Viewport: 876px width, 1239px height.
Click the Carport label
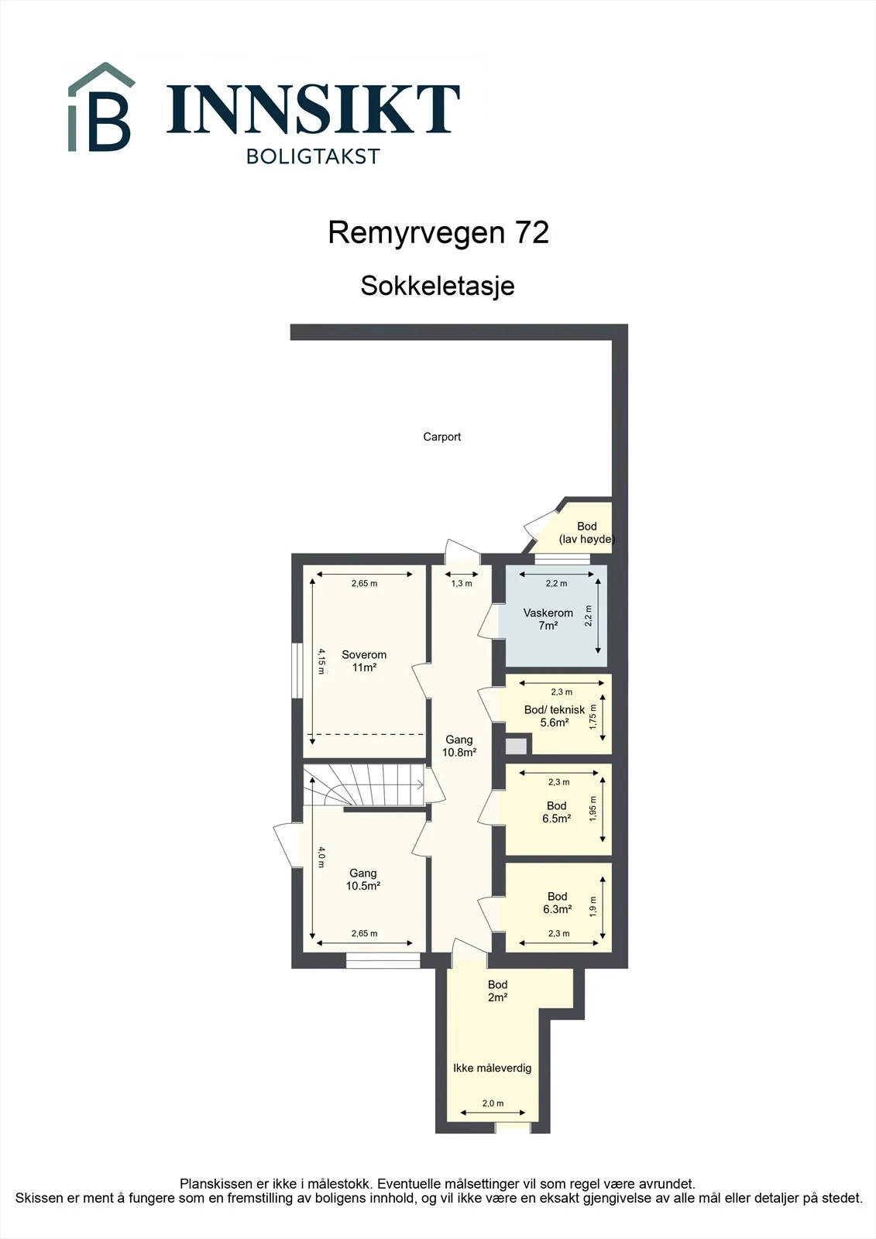441,437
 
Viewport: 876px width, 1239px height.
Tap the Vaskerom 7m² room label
548,619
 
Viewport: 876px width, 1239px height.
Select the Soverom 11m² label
364,661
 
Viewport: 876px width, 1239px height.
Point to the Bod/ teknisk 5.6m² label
555,716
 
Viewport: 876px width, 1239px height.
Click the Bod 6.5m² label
557,812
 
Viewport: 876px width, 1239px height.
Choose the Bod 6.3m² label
557,903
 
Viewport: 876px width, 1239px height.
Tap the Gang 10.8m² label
459,746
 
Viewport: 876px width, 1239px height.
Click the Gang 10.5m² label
363,880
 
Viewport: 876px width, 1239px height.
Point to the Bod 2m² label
497,990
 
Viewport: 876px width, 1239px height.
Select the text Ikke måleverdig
493,1068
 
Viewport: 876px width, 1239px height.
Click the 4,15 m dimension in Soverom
321,661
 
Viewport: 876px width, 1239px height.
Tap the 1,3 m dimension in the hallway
462,584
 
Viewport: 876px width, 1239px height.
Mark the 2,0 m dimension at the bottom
493,1103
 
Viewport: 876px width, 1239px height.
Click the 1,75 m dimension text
593,717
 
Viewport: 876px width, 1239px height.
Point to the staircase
363,785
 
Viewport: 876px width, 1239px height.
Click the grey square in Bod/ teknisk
517,746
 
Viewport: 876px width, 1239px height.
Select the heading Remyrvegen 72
438,232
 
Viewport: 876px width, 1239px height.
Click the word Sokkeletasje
438,286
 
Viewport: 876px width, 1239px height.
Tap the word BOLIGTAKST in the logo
313,156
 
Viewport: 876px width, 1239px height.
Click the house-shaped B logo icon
101,108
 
